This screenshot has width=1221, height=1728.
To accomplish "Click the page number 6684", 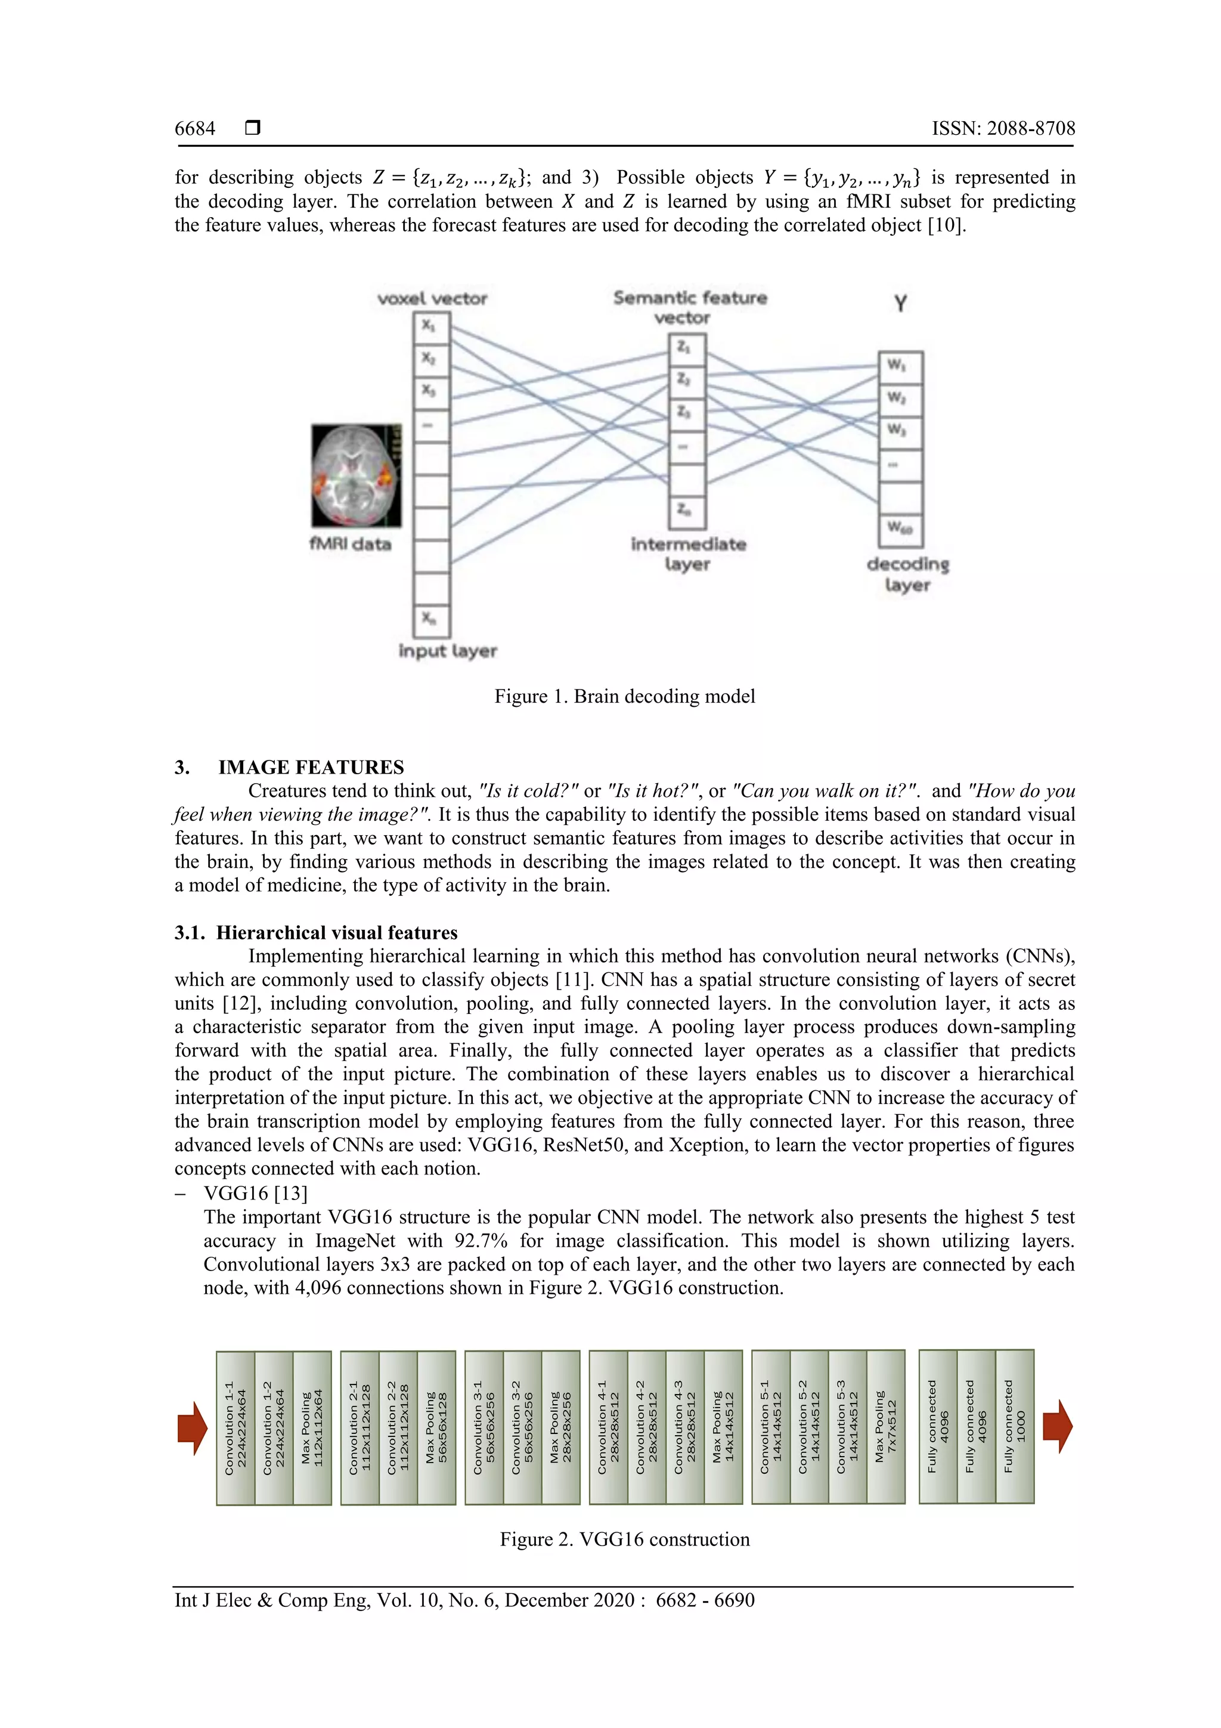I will pos(195,129).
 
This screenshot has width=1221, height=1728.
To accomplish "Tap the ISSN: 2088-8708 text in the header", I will pos(1003,129).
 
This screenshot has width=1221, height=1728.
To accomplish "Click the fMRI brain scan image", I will pos(357,475).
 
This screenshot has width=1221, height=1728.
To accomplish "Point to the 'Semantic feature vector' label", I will pos(689,307).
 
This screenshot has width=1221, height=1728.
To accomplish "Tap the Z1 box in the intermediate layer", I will pos(686,349).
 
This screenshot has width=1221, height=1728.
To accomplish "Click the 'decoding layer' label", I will pos(907,574).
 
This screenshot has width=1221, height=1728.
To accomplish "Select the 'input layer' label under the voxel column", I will pos(448,651).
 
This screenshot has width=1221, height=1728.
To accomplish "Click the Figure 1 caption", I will pos(624,696).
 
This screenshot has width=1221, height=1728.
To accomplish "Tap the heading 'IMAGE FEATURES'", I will pos(311,767).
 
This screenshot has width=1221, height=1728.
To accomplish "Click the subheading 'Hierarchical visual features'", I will pos(336,932).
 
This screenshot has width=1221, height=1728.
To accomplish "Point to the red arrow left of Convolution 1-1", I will pos(193,1428).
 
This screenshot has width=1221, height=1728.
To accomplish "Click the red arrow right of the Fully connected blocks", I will pos(1057,1426).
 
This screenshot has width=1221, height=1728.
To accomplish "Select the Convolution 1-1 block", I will pos(235,1428).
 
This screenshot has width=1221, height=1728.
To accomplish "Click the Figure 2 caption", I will pos(624,1539).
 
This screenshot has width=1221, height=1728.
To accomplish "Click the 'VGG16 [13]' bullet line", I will pos(256,1194).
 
